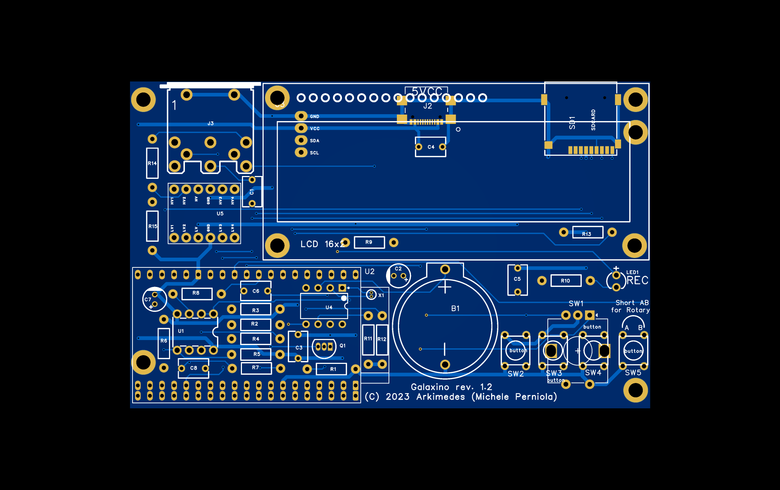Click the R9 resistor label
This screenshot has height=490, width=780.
[x=369, y=242]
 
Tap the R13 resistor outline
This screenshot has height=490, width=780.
[x=588, y=232]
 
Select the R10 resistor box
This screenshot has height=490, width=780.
[x=565, y=281]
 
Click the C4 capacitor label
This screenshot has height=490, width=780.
[x=431, y=147]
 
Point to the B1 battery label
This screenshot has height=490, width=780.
[x=455, y=309]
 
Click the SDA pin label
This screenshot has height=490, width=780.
[x=315, y=141]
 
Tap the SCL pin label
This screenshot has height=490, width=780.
[x=314, y=153]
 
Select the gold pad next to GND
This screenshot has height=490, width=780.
[x=301, y=116]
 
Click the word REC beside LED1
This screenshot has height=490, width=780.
[x=637, y=280]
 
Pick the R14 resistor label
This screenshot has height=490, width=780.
[x=152, y=163]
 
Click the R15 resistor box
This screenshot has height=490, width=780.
[x=152, y=226]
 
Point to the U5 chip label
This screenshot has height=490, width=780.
[x=220, y=214]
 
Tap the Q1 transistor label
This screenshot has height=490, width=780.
[x=342, y=346]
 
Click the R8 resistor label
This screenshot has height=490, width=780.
[x=196, y=293]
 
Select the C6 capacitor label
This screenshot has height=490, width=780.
[x=256, y=291]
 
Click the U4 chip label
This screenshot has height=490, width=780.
[x=329, y=308]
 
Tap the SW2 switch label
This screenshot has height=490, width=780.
[x=516, y=374]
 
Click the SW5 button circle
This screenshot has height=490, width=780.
[x=633, y=351]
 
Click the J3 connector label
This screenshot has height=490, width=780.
[x=211, y=124]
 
